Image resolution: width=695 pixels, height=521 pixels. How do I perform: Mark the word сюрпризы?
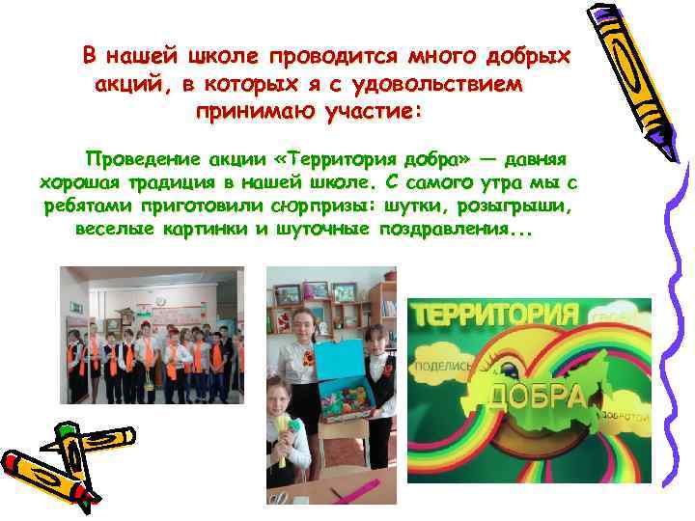click(x=324, y=206)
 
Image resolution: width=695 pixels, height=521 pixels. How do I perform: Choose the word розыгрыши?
click(x=519, y=206)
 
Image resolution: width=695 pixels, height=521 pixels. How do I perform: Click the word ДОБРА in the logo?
click(x=537, y=395)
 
